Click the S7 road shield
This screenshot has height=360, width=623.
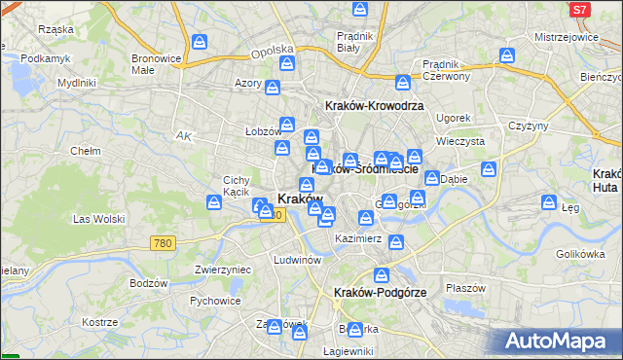pos(579,10)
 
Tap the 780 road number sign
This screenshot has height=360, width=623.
pos(164,243)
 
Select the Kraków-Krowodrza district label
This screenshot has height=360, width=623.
pos(373,105)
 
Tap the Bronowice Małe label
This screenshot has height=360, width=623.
pos(156,64)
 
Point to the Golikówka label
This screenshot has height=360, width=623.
pos(580,254)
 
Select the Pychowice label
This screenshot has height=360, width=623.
pos(215,302)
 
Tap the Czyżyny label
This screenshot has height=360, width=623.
pos(529,126)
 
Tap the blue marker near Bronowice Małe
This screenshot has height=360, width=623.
pos(200,42)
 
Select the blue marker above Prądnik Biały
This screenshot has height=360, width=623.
pos(360,11)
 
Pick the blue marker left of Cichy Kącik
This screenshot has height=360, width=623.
pos(213,202)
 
